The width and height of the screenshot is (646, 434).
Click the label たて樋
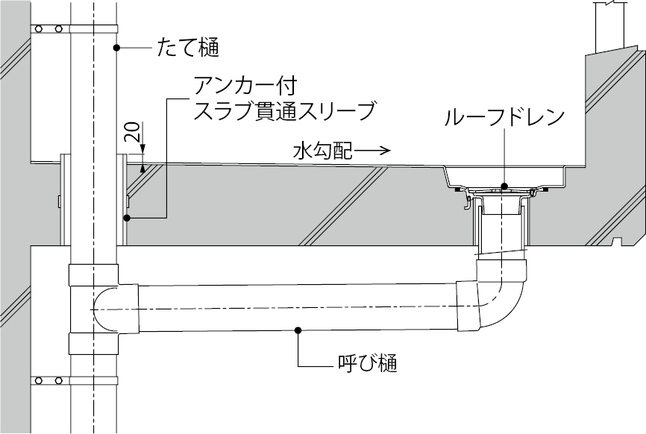(x=188, y=49)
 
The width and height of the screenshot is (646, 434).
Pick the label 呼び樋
(x=366, y=365)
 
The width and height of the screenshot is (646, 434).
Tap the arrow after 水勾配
(x=372, y=151)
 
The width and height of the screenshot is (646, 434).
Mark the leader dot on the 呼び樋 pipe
(x=298, y=329)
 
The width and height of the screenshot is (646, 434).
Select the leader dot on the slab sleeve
(x=127, y=218)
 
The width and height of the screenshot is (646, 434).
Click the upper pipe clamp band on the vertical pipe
(x=75, y=29)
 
